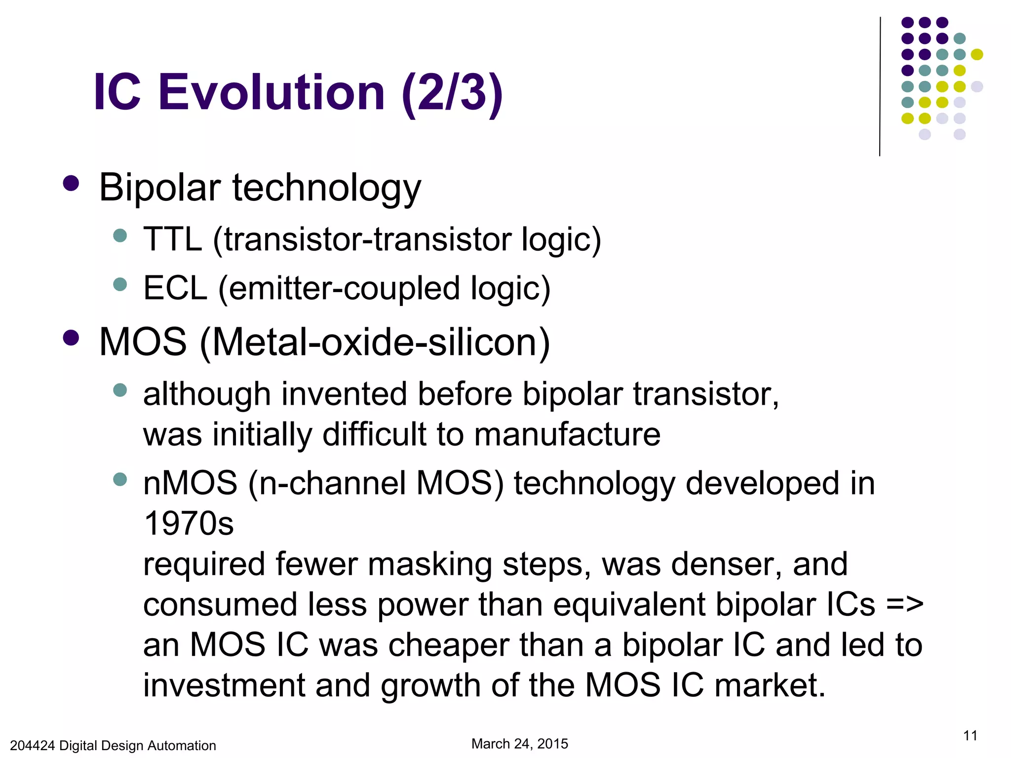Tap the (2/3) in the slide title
pos(452,93)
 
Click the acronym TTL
pos(172,240)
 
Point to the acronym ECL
pos(175,289)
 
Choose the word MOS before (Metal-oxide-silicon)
pos(143,342)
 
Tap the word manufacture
pos(567,434)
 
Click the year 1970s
pos(189,524)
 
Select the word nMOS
pos(191,483)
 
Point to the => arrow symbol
pos(904,605)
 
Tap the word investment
pos(224,685)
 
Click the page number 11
pos(970,736)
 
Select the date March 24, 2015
pos(520,744)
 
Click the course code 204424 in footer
pos(32,746)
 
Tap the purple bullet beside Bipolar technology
pos(72,184)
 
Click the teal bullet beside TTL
pos(120,235)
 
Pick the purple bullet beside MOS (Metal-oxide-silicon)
pos(72,338)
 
